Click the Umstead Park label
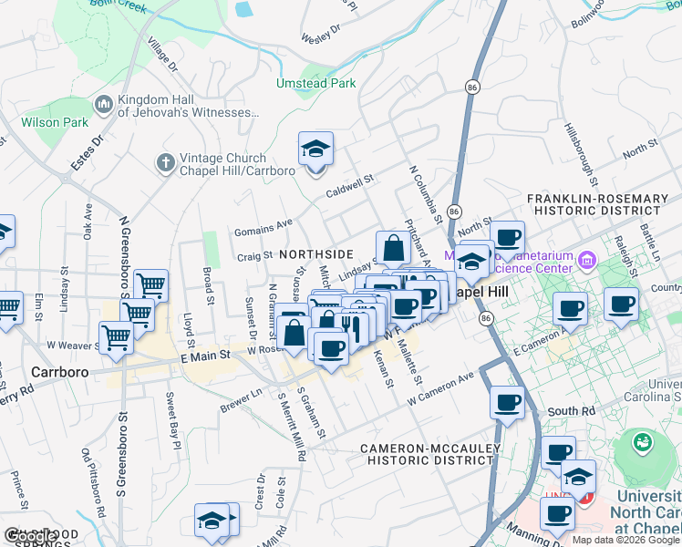pyautogui.click(x=315, y=83)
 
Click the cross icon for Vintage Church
pyautogui.click(x=165, y=163)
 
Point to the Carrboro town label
pyautogui.click(x=58, y=372)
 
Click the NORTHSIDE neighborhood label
pyautogui.click(x=316, y=253)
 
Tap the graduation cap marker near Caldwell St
pyautogui.click(x=316, y=150)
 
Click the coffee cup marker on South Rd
pyautogui.click(x=507, y=403)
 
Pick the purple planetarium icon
pyautogui.click(x=584, y=261)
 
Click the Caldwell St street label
pyautogui.click(x=351, y=187)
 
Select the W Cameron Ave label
pyautogui.click(x=441, y=388)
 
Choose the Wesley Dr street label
pyautogui.click(x=320, y=34)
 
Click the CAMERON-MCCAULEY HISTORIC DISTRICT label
pyautogui.click(x=427, y=454)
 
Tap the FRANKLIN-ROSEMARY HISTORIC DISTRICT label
pyautogui.click(x=604, y=204)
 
